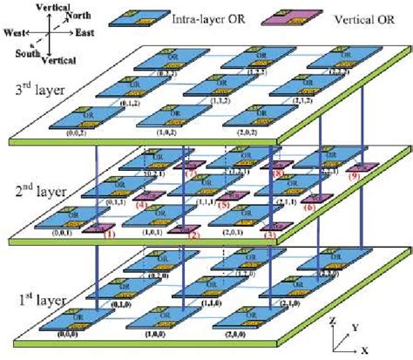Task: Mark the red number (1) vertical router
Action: coord(108,233)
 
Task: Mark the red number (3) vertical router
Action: coord(269,234)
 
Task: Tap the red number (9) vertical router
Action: coord(354,178)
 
